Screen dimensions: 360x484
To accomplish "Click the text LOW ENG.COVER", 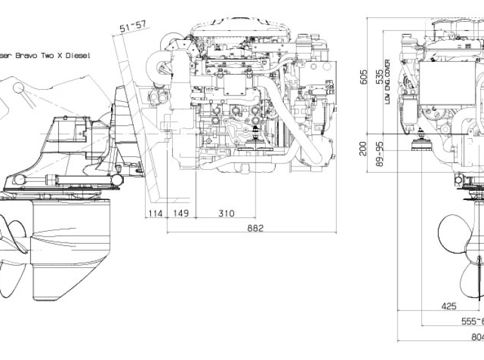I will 387,81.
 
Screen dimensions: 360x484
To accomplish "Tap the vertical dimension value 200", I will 364,149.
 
